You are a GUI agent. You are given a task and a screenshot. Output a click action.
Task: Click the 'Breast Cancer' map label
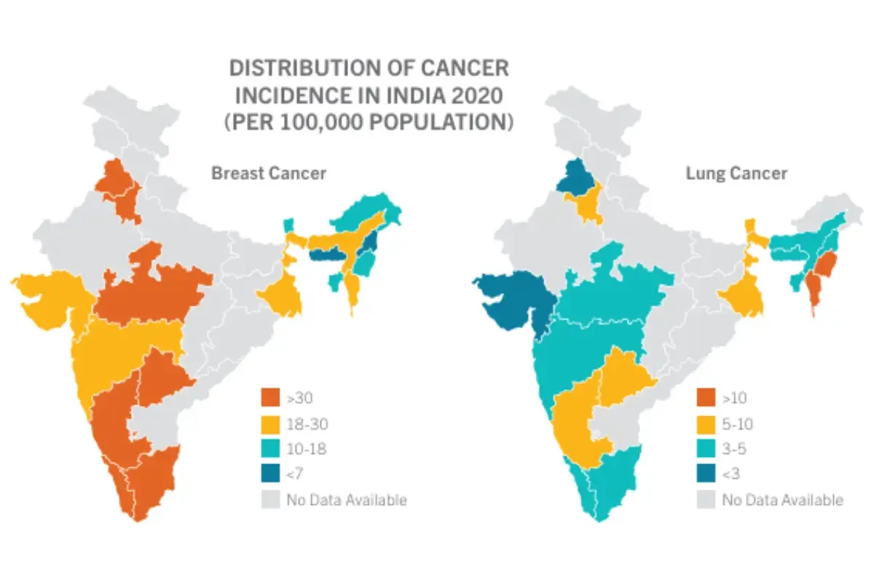(268, 173)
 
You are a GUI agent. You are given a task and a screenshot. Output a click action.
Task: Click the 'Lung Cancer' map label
(736, 173)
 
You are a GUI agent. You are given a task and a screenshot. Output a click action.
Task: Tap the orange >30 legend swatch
(270, 398)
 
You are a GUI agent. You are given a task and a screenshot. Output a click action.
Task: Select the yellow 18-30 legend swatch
(270, 423)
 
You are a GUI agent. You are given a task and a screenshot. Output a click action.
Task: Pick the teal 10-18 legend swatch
(270, 449)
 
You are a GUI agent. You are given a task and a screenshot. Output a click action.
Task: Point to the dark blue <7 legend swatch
(270, 474)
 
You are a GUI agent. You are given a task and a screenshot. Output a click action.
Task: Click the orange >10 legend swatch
(706, 398)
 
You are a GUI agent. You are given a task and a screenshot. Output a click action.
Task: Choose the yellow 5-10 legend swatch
(706, 423)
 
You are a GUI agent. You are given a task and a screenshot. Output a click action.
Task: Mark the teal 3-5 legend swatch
(706, 449)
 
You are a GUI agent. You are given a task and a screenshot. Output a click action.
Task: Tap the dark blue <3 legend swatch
(706, 474)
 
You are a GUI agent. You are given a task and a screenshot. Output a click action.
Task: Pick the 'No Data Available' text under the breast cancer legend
(347, 500)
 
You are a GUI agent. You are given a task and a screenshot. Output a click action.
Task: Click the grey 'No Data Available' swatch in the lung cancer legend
(706, 500)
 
